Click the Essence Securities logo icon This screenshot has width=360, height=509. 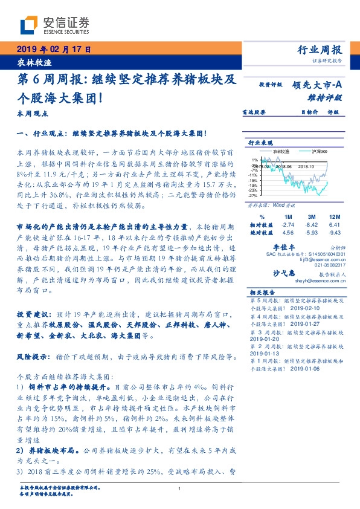[28, 25]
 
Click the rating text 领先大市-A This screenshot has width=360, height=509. [318, 86]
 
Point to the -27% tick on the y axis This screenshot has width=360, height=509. [253, 196]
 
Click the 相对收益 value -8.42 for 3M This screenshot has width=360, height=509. [311, 224]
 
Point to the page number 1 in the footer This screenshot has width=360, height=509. [180, 489]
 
